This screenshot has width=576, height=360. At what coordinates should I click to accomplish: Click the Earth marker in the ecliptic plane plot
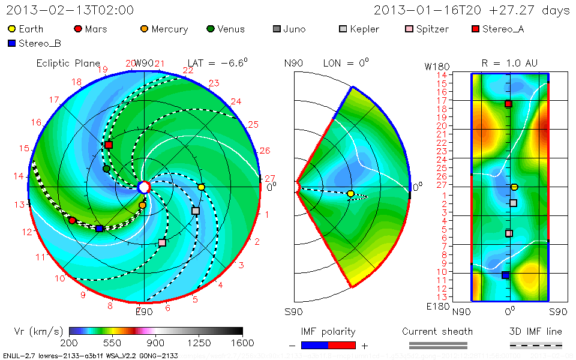pos(202,187)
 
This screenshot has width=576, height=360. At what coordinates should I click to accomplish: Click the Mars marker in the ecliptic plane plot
pos(73,221)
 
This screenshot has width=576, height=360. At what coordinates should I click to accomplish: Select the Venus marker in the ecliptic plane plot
pos(106,169)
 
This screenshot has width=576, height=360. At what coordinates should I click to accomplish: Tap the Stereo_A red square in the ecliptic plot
pos(109,145)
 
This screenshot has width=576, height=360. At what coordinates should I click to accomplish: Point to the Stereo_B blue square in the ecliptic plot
pos(99,229)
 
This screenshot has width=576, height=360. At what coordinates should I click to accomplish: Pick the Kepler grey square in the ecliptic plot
pos(195,211)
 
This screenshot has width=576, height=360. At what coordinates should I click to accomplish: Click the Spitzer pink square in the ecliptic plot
pos(162,242)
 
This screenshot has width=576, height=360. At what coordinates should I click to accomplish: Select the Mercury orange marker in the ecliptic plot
pos(142,205)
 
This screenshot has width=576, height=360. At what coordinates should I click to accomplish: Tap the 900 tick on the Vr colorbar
pos(156,343)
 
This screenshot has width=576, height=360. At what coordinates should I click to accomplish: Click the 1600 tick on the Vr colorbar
pos(242,343)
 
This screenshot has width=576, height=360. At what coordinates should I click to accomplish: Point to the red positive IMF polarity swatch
pos(342,345)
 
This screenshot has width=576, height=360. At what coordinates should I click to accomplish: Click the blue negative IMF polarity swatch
pos(314,345)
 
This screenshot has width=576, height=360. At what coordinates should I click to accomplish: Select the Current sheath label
pos(437,331)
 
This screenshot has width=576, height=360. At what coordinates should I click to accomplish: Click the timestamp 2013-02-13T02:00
pos(70,10)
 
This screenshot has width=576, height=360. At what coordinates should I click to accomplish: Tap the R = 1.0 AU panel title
pos(509,63)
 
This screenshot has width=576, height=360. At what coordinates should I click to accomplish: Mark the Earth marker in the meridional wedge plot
pos(350,193)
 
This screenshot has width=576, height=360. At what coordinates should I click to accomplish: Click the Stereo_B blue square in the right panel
pos(505,275)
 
